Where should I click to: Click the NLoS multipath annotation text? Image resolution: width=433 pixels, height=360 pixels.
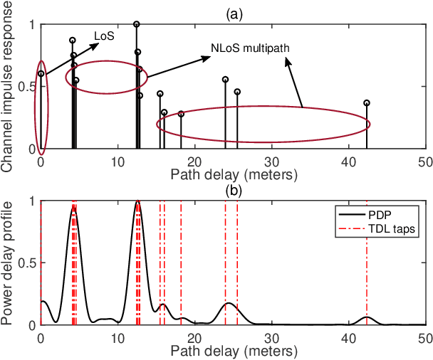pyautogui.click(x=253, y=48)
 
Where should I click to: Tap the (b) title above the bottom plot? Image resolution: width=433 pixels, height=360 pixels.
pyautogui.click(x=232, y=190)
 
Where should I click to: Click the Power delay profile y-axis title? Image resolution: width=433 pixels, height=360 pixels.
pyautogui.click(x=9, y=263)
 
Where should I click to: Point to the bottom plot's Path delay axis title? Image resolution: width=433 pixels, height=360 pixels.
pyautogui.click(x=232, y=351)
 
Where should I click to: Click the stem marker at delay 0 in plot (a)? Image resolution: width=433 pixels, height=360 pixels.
pyautogui.click(x=41, y=73)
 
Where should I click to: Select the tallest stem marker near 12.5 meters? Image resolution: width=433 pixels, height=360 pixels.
pyautogui.click(x=137, y=24)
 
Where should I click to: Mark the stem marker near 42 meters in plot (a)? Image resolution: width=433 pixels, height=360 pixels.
pyautogui.click(x=367, y=102)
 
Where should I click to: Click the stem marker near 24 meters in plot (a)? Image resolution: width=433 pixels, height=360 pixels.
pyautogui.click(x=226, y=80)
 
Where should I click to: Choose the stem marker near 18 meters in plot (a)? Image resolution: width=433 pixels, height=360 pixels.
pyautogui.click(x=181, y=114)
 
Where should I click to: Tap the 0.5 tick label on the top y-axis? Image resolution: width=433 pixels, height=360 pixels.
pyautogui.click(x=26, y=87)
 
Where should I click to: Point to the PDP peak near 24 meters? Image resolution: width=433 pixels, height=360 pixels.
pyautogui.click(x=228, y=304)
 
